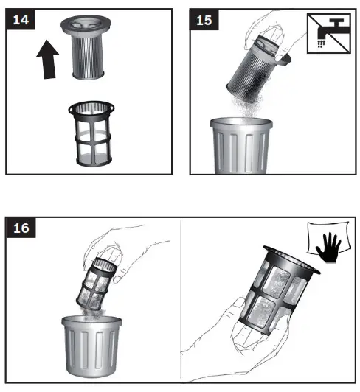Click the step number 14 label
21,19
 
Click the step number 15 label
204,20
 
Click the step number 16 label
21,228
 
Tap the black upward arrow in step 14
47,60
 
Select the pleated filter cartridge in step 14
86,46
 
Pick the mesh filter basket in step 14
92,133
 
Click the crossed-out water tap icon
329,33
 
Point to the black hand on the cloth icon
328,247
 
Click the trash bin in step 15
241,145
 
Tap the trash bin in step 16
91,346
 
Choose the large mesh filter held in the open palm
278,290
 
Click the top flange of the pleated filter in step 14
86,25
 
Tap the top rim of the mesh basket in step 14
91,108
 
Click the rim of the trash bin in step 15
241,123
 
